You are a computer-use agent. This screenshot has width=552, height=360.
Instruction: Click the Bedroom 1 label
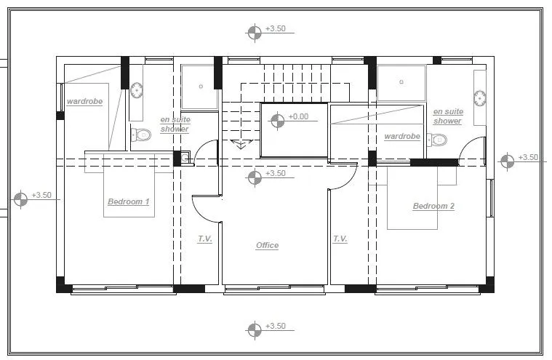(129, 201)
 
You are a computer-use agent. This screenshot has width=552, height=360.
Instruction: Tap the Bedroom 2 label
(433, 206)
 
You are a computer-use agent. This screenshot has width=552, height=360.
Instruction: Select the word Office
(267, 245)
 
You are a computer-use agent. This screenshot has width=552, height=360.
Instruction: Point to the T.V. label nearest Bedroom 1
(204, 239)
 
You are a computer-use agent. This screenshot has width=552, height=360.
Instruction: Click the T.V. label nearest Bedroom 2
(340, 239)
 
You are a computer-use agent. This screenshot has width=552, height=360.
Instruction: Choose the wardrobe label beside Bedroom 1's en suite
(85, 101)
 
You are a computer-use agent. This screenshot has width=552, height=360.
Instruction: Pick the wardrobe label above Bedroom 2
(402, 136)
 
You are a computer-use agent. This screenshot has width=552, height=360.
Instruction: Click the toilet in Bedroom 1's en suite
(141, 135)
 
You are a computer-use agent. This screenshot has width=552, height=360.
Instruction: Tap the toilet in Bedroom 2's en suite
(437, 140)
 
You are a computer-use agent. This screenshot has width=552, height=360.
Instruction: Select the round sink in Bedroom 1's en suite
(137, 90)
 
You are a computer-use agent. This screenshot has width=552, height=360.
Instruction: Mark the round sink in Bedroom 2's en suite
(479, 98)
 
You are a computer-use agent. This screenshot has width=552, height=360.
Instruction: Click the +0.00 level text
(298, 116)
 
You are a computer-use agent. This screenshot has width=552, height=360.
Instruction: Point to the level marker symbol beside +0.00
(277, 121)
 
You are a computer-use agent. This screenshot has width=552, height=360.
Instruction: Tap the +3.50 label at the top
(276, 28)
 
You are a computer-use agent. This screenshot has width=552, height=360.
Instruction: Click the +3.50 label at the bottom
(276, 327)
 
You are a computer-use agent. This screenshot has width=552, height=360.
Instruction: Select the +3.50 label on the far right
(529, 157)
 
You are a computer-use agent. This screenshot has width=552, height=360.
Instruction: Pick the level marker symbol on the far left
(20, 199)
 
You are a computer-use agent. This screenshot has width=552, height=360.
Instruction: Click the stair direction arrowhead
(241, 143)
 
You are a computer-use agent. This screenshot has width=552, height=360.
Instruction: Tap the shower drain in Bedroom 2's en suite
(401, 82)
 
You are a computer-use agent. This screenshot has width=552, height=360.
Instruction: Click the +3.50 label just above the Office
(276, 174)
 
